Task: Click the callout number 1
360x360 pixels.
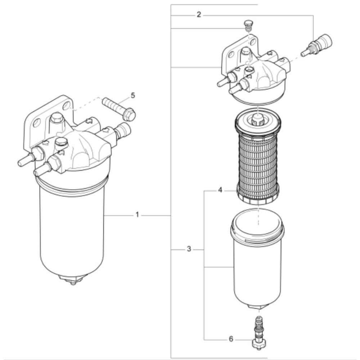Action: [x=137, y=215]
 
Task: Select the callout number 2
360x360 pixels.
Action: [x=199, y=15]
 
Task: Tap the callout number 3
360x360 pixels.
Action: [x=189, y=249]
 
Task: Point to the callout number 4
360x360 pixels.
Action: [x=220, y=190]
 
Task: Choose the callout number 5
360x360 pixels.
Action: [x=133, y=95]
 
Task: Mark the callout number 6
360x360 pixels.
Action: [x=231, y=339]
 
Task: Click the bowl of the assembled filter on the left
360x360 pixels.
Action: [x=72, y=230]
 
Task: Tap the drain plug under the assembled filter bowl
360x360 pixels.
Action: [x=73, y=280]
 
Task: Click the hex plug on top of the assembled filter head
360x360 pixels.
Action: [x=57, y=118]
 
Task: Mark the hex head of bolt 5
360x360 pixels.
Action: [x=129, y=114]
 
